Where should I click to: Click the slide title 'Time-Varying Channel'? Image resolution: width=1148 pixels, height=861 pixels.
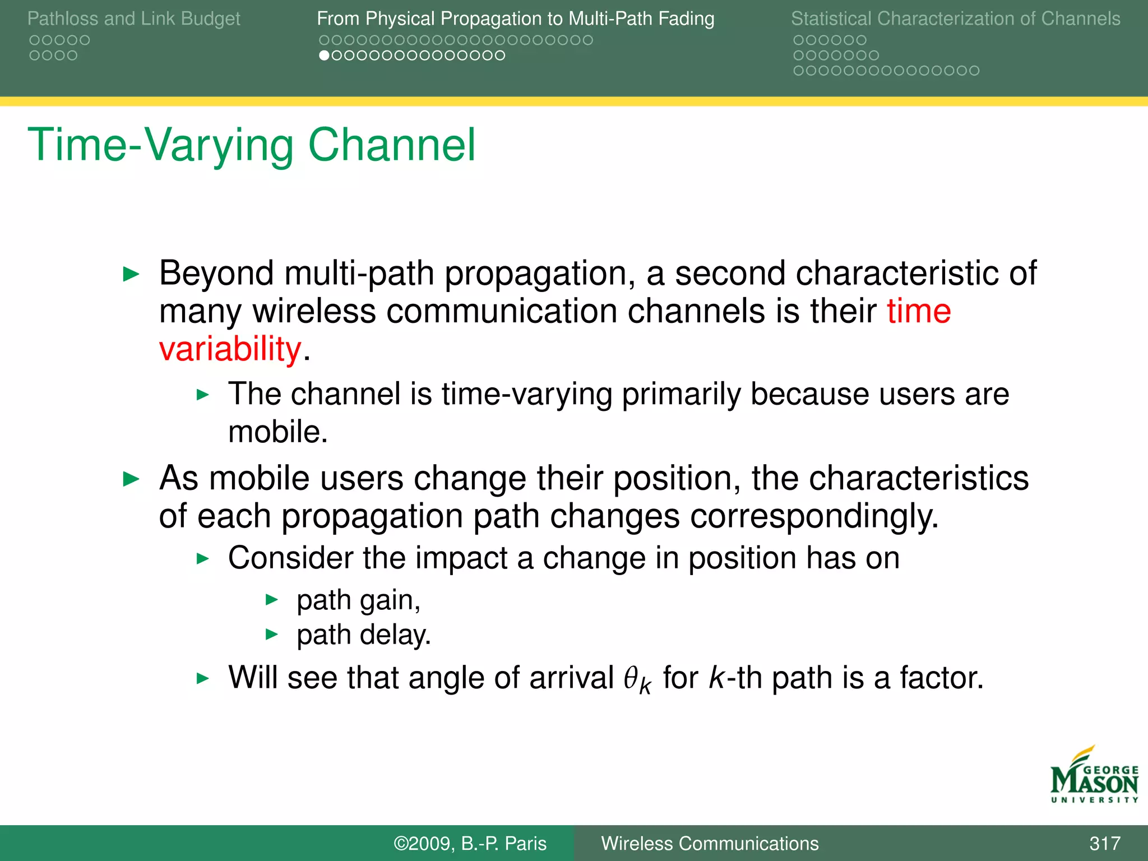pos(252,145)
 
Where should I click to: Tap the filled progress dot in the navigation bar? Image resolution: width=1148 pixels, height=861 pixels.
pos(323,55)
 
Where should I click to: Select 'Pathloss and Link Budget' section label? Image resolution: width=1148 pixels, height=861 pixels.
pos(133,18)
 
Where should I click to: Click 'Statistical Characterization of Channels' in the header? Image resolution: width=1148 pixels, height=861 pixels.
pos(955,18)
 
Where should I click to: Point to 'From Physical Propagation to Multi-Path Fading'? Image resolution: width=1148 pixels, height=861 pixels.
pos(515,18)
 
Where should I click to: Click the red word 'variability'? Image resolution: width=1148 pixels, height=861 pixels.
pos(230,349)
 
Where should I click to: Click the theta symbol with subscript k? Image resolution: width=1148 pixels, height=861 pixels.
pos(637,679)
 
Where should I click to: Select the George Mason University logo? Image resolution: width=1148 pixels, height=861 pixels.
pos(1094,775)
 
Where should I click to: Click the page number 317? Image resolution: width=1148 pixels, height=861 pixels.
pos(1104,843)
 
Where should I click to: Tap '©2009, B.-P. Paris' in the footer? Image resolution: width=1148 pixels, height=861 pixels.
pos(470,843)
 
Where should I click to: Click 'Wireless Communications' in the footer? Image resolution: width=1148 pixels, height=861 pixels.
pos(710,843)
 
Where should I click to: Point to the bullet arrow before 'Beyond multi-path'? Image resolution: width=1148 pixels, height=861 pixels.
pos(131,274)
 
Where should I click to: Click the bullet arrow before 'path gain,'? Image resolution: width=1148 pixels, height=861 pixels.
pos(271,600)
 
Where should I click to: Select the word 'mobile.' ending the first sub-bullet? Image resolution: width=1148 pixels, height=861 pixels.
pos(277,432)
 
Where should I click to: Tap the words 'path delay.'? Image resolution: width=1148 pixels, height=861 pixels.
pos(363,635)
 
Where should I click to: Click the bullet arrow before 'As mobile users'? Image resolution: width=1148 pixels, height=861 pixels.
pos(131,479)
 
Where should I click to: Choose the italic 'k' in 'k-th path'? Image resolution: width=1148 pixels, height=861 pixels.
pos(716,677)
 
